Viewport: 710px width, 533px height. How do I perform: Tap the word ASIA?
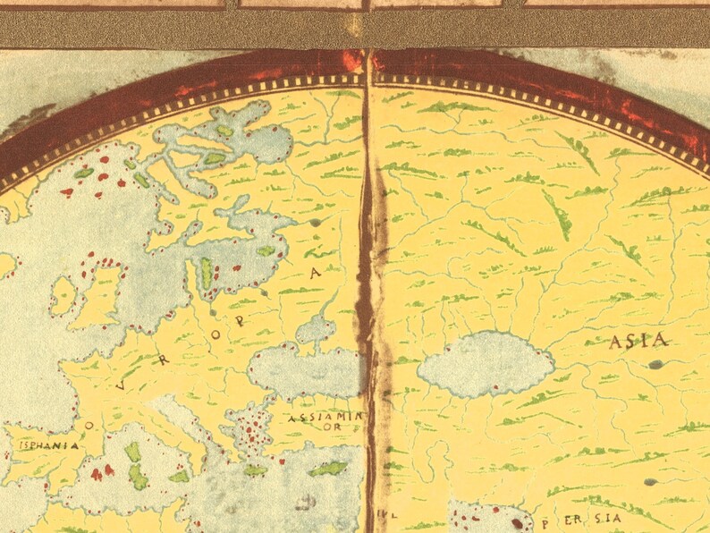point(638,341)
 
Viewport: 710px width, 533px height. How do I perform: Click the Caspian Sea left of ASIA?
point(485,363)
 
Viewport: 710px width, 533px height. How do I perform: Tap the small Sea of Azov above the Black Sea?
point(317,328)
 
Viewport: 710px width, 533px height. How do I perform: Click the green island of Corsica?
point(132,451)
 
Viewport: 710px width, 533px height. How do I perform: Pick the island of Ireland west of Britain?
point(64,294)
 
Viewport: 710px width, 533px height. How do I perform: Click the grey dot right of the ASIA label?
point(657,364)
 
